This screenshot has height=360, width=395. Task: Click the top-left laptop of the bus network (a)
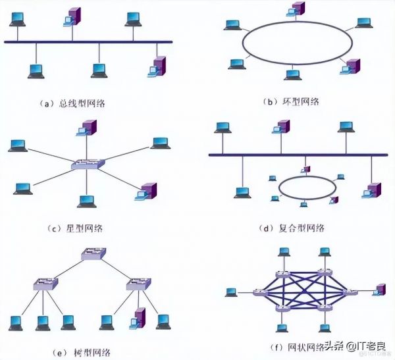pos(15,18)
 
